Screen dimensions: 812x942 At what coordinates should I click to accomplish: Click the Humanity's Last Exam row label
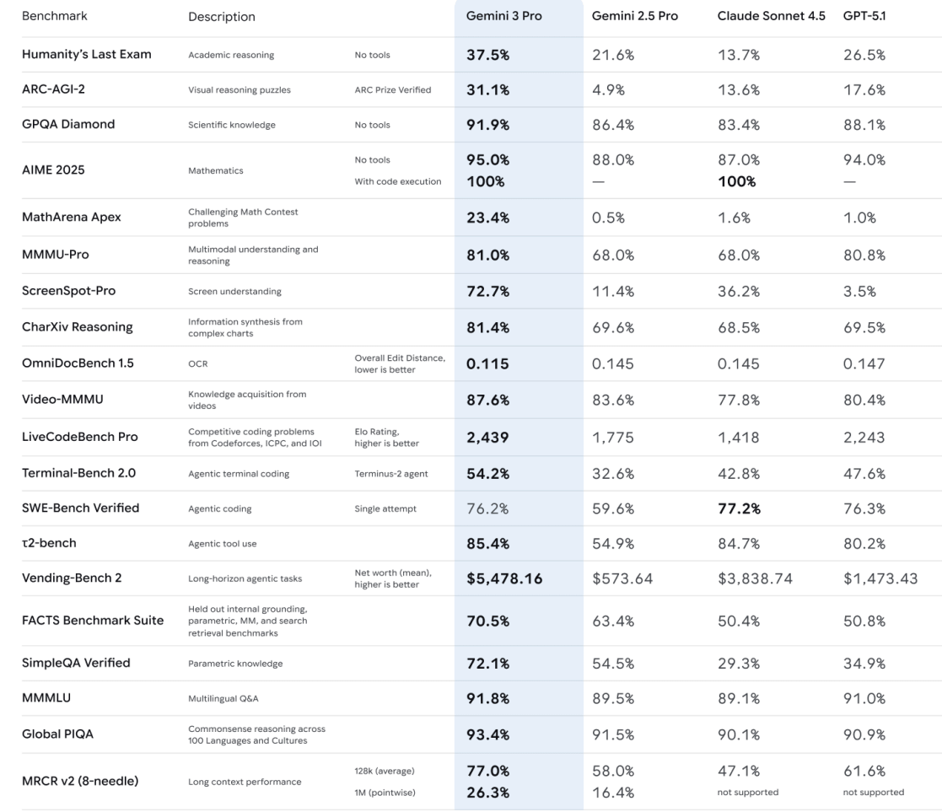pyautogui.click(x=87, y=55)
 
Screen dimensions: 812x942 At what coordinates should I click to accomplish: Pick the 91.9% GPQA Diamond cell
pyautogui.click(x=488, y=125)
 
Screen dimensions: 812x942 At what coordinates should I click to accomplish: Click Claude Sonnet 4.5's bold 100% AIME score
pyautogui.click(x=737, y=181)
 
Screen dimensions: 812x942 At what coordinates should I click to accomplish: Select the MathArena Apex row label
pyautogui.click(x=72, y=217)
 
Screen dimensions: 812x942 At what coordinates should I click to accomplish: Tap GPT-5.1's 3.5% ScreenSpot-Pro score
pyautogui.click(x=859, y=291)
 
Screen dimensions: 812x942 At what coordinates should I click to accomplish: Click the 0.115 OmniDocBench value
pyautogui.click(x=488, y=364)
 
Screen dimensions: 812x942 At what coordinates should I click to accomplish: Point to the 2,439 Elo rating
pyautogui.click(x=488, y=437)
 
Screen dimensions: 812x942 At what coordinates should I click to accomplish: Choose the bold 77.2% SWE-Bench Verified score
pyautogui.click(x=740, y=508)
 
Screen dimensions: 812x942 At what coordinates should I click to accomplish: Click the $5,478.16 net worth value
pyautogui.click(x=504, y=579)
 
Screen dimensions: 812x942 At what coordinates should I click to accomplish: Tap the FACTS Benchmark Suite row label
pyautogui.click(x=93, y=621)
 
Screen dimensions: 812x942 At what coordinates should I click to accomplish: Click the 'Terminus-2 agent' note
pyautogui.click(x=391, y=473)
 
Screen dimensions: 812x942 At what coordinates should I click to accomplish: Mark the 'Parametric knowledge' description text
pyautogui.click(x=235, y=664)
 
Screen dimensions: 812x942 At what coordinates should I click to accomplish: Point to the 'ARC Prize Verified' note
pyautogui.click(x=393, y=90)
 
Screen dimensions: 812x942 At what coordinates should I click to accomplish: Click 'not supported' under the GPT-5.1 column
pyautogui.click(x=874, y=792)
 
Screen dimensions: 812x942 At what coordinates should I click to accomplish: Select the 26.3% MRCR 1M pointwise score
pyautogui.click(x=488, y=792)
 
